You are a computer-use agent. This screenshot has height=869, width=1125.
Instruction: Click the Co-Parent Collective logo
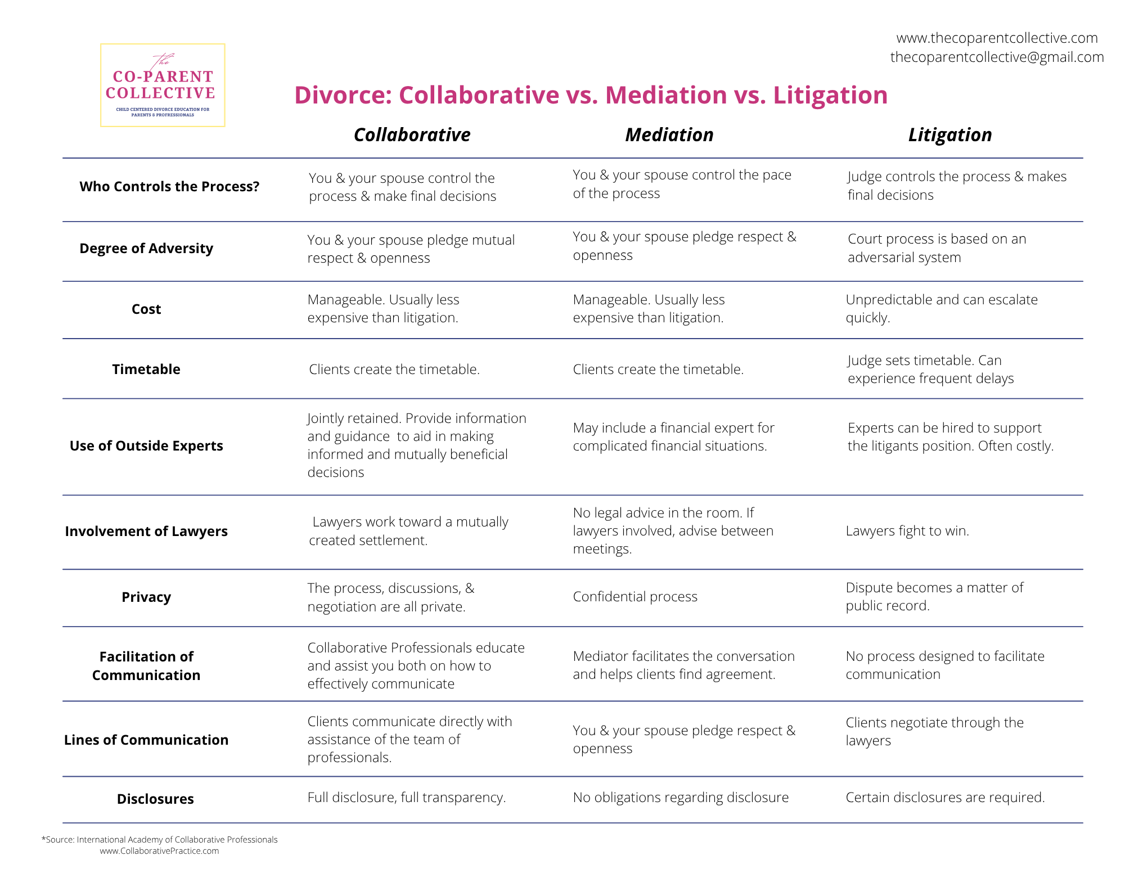tap(163, 85)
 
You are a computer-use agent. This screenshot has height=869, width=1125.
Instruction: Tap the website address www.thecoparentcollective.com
tap(997, 38)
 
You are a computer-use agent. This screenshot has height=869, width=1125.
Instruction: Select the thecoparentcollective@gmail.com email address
tap(997, 57)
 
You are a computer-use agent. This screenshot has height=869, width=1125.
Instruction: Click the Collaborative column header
tap(412, 135)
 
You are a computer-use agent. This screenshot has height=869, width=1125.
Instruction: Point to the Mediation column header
tap(669, 135)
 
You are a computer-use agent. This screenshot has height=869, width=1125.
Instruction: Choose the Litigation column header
tap(949, 135)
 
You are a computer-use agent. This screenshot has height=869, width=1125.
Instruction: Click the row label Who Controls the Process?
tap(169, 186)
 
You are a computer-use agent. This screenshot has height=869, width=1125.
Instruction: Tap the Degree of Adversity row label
tap(146, 248)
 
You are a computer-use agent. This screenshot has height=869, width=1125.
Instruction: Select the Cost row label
tap(146, 309)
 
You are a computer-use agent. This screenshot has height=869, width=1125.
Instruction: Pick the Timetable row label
tap(146, 369)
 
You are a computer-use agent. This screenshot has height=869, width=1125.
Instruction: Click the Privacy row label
tap(146, 597)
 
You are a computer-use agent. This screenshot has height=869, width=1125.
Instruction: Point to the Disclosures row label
tap(155, 799)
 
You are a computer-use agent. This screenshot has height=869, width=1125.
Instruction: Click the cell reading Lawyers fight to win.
tap(907, 530)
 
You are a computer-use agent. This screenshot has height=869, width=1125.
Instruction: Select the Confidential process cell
tap(635, 596)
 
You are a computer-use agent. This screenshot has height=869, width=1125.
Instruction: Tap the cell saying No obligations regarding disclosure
tap(681, 797)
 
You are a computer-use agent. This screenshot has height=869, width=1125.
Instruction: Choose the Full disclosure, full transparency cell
tap(407, 797)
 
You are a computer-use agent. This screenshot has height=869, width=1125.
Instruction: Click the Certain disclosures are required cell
tap(945, 797)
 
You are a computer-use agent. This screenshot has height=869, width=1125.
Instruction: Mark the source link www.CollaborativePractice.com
tap(159, 851)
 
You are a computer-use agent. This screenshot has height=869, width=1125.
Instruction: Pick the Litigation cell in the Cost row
tap(942, 308)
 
